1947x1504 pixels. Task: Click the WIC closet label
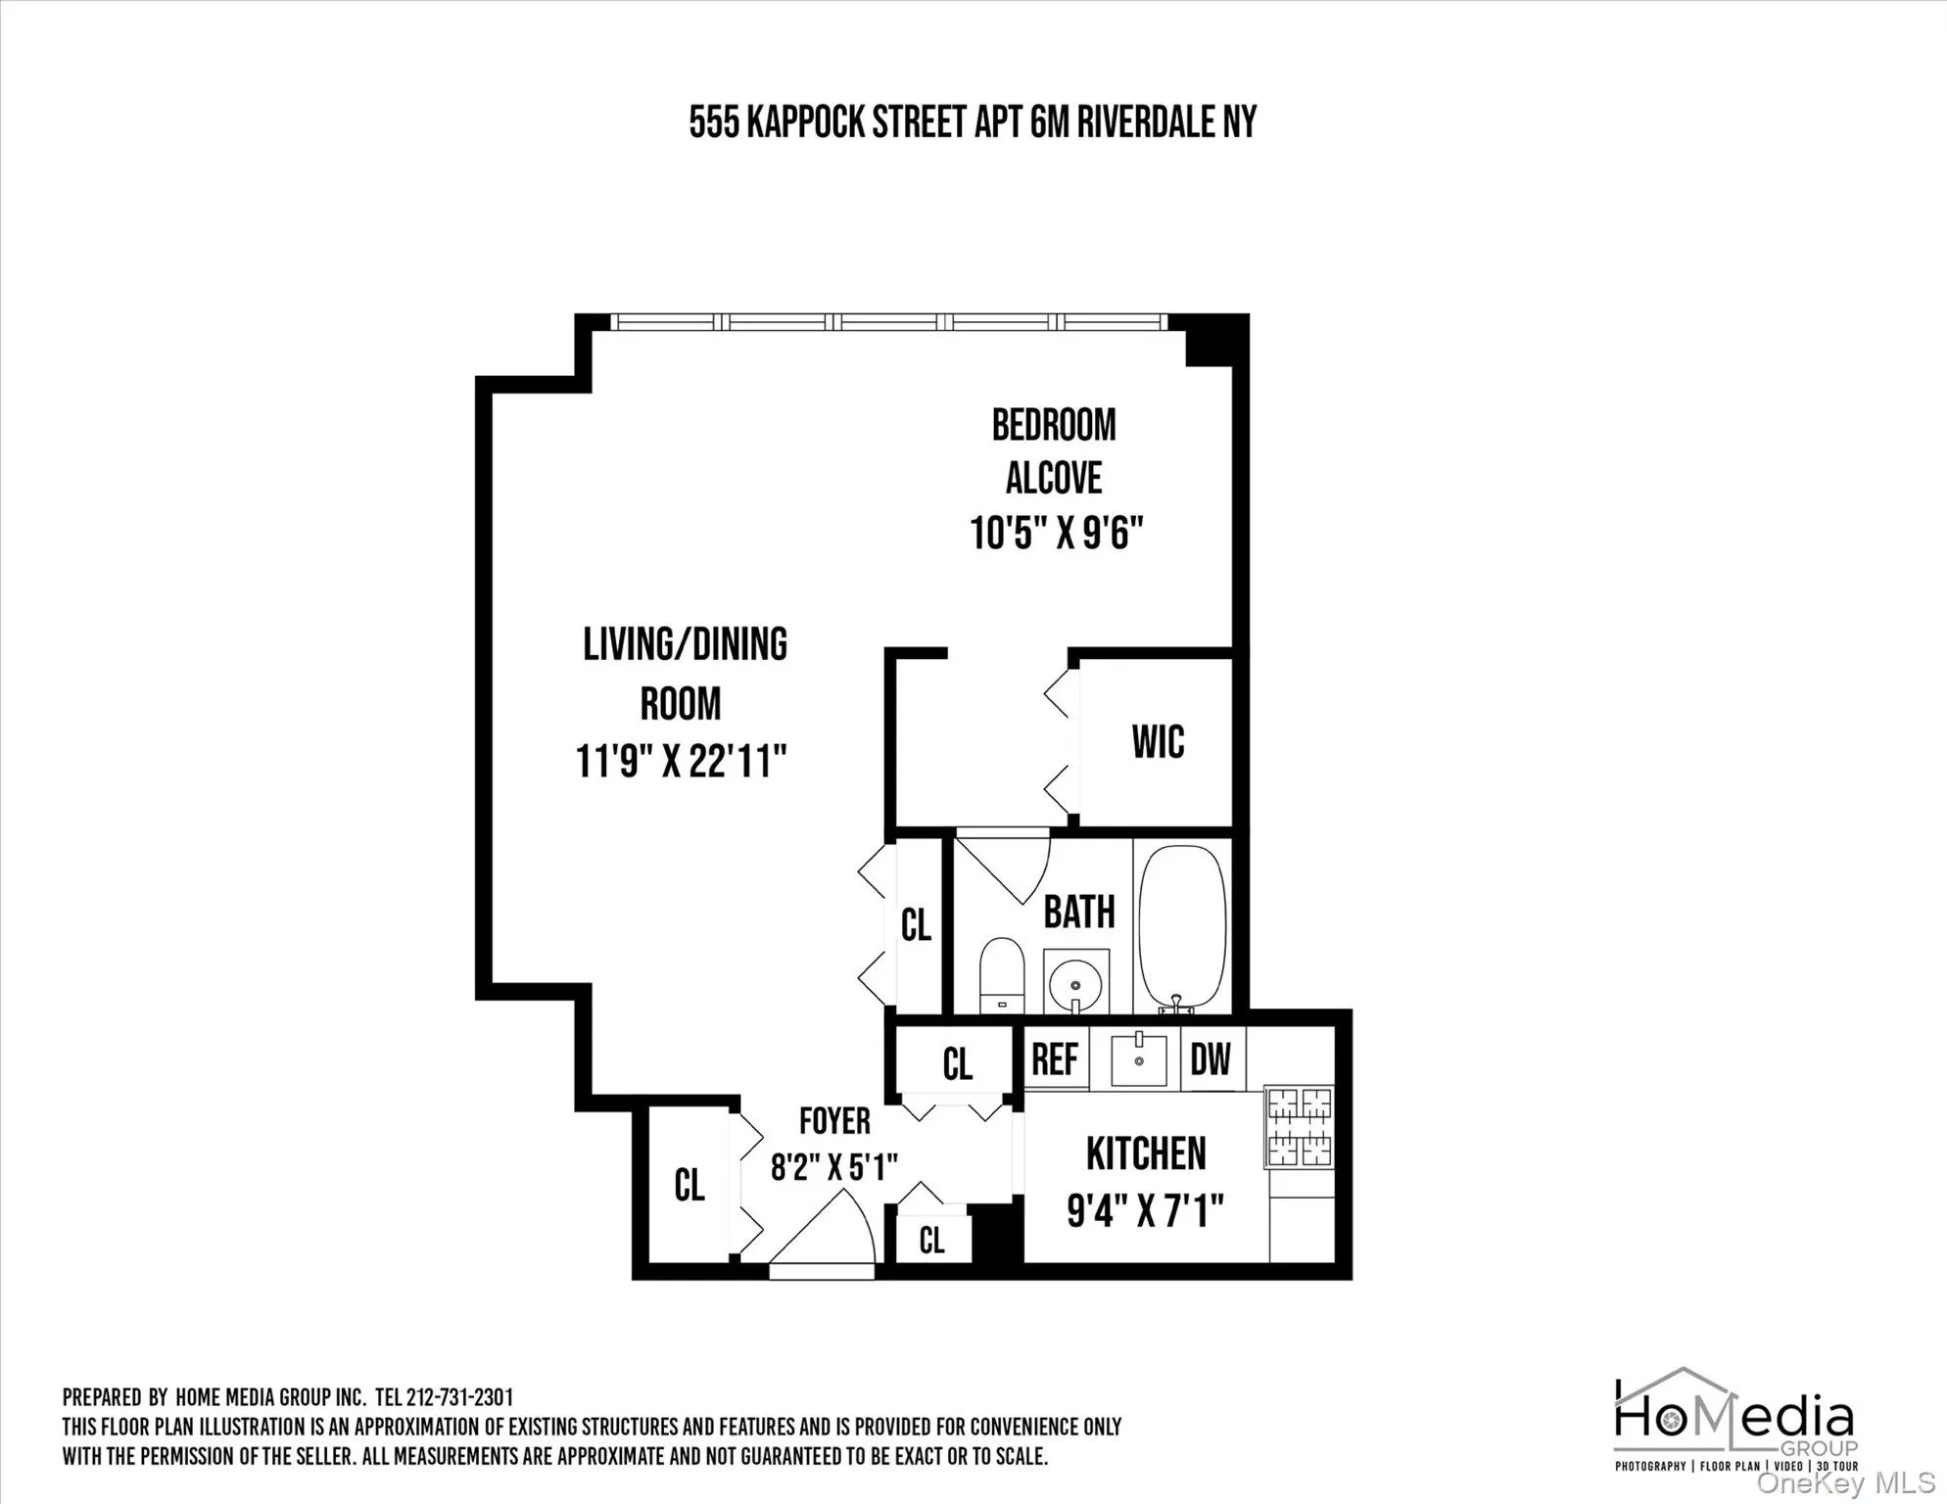click(x=1158, y=742)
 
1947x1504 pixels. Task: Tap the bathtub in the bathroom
click(x=1182, y=926)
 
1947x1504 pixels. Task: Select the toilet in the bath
click(x=1001, y=974)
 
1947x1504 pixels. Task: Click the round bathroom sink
click(x=1075, y=982)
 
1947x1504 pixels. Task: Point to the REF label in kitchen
click(x=1055, y=1058)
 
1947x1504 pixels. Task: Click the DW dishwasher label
click(x=1211, y=1058)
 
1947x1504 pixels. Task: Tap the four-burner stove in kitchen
click(x=1300, y=1127)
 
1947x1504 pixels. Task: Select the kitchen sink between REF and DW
click(x=1138, y=1058)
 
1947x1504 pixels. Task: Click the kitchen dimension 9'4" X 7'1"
click(x=1145, y=1212)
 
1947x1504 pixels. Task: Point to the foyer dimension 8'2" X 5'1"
click(x=833, y=1167)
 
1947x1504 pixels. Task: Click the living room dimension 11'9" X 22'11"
click(x=681, y=762)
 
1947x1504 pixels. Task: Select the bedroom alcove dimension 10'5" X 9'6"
click(x=1056, y=535)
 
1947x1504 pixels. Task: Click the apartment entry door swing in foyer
click(x=823, y=1237)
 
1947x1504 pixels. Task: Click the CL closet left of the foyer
click(x=689, y=1186)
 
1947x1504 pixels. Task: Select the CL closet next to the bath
click(x=916, y=924)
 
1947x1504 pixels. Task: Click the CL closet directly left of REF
click(x=957, y=1064)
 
